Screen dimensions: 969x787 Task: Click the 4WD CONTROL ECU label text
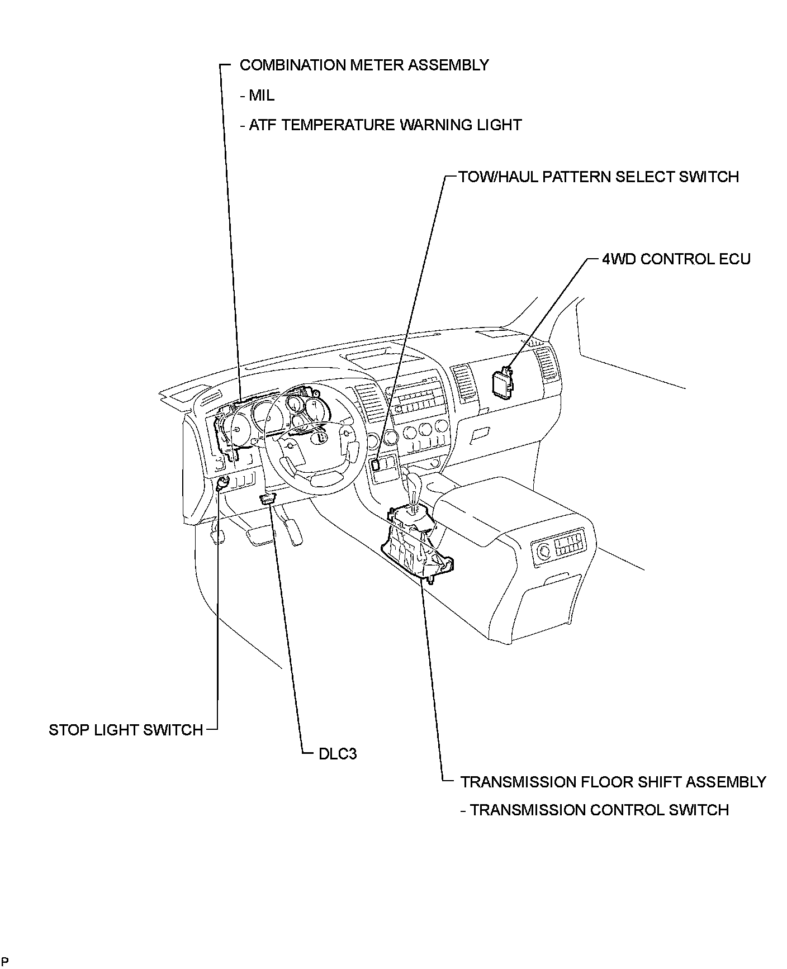[x=676, y=259]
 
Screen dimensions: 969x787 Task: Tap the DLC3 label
[x=337, y=754]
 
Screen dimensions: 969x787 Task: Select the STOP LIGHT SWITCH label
[x=126, y=730]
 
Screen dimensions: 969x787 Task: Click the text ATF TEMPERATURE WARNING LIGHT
[x=385, y=125]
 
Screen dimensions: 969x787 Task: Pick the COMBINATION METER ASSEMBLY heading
[x=364, y=65]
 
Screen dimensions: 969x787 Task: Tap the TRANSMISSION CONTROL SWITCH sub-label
[x=599, y=810]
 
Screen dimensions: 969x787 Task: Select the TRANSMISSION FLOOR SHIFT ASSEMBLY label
[x=613, y=782]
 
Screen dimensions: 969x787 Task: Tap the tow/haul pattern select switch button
[x=376, y=463]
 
